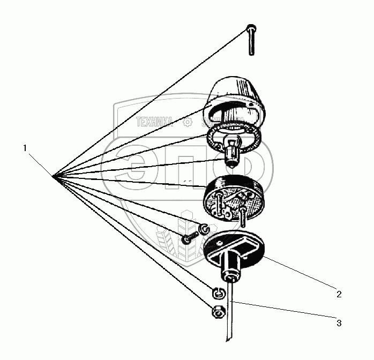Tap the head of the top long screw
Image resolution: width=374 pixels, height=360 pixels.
pos(251,28)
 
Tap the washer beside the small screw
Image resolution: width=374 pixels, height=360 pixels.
pos(203,229)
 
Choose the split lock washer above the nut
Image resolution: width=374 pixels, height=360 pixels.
pos(217,292)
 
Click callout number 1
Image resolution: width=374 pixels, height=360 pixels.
pos(26,147)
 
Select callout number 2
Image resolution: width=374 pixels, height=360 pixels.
pos(339,294)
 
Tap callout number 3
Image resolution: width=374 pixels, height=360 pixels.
pos(339,322)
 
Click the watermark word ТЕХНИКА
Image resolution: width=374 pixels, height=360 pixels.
pos(155,122)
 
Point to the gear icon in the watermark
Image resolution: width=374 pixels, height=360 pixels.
pos(188,122)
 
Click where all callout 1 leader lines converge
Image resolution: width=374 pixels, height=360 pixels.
pos(54,176)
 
